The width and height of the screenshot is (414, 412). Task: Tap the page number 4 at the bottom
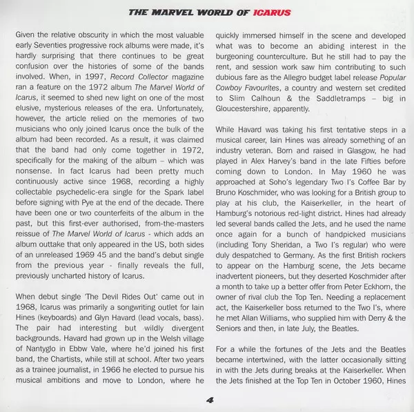pyautogui.click(x=208, y=398)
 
